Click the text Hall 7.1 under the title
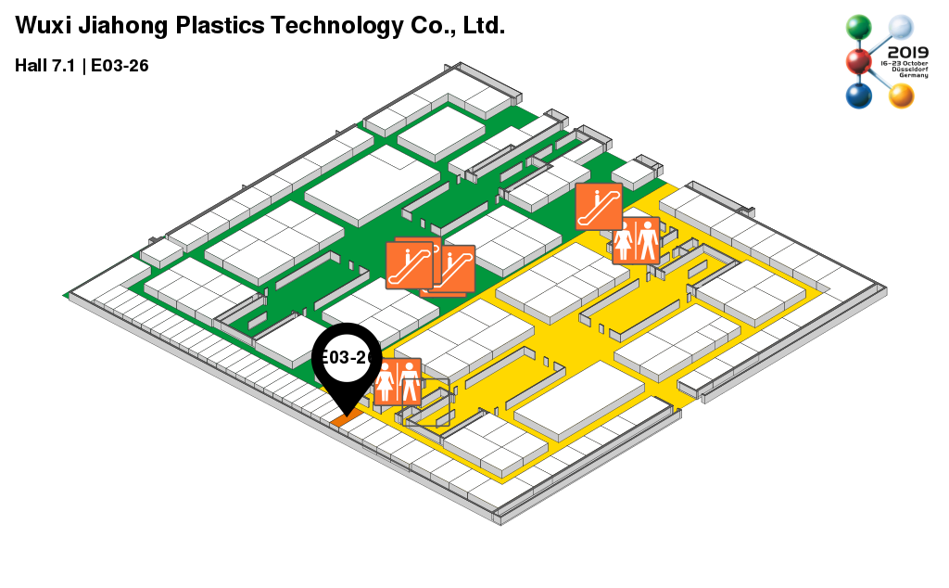44,66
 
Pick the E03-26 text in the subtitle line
120,66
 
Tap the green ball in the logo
860,29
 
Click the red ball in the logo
859,62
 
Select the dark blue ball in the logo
859,96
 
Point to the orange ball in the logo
901,95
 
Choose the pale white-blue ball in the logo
901,29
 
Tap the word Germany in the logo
913,75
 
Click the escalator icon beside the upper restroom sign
598,207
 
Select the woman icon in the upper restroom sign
624,241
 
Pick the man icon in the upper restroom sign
647,241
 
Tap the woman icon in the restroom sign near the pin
386,382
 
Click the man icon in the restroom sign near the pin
409,382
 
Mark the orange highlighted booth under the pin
345,419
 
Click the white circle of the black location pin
347,357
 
